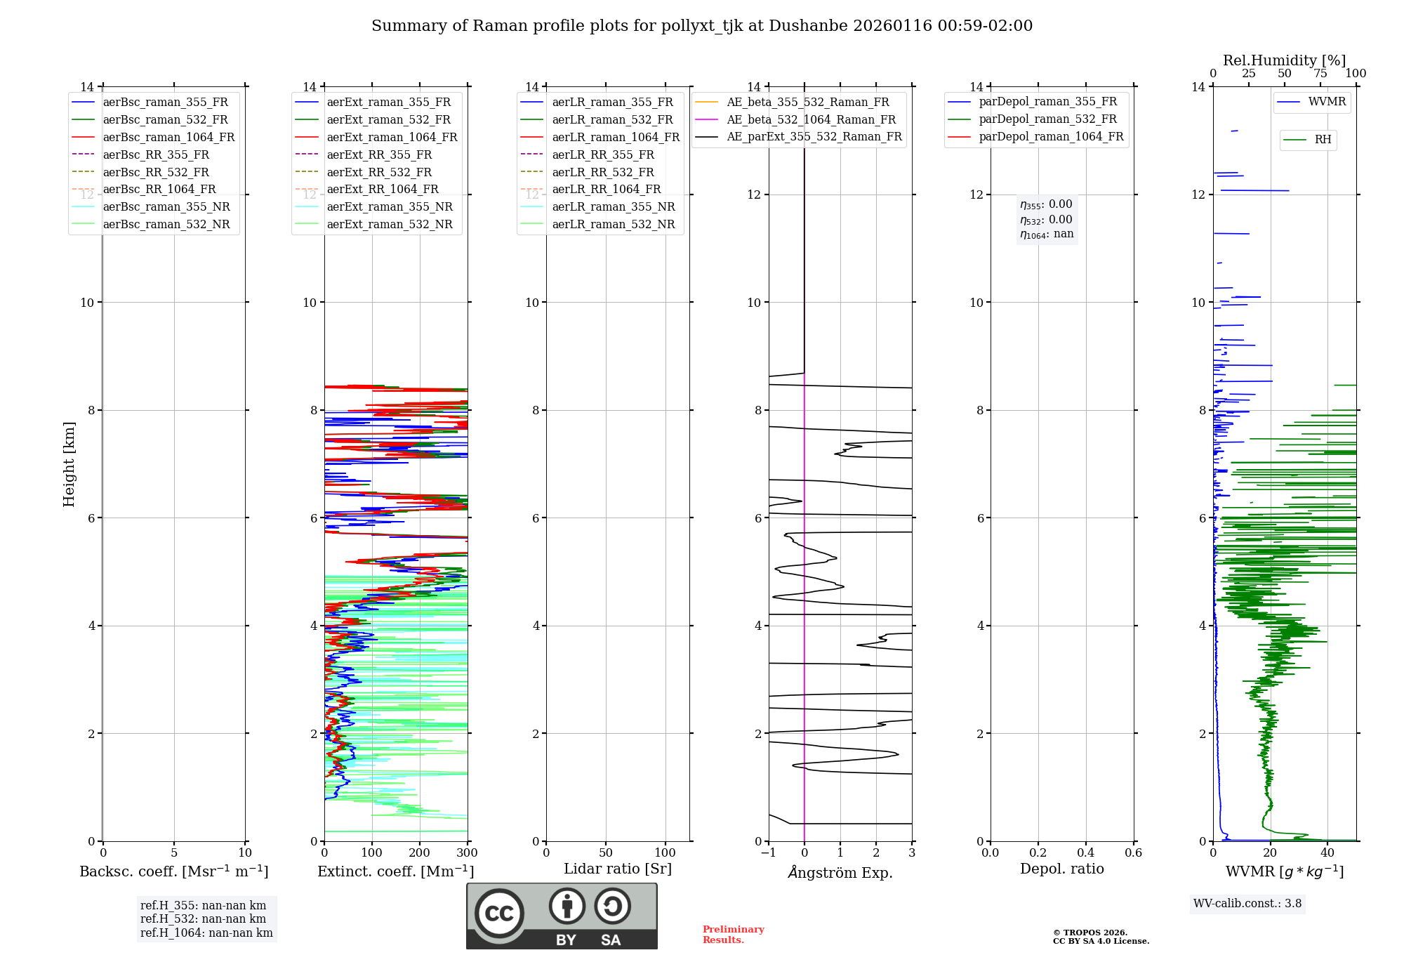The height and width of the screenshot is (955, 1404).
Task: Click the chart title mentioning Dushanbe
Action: click(x=702, y=26)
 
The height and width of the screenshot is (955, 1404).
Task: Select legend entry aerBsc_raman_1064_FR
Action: click(x=168, y=138)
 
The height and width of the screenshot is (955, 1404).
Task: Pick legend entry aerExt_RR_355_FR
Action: click(x=379, y=155)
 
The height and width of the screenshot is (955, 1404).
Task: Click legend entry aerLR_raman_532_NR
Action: click(x=613, y=225)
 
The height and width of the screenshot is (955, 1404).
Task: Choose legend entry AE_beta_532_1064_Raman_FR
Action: click(x=811, y=120)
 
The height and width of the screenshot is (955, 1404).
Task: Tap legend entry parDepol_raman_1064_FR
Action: click(x=1051, y=137)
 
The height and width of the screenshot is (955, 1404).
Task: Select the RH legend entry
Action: click(x=1323, y=140)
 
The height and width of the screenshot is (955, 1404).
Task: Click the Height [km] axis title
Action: click(x=69, y=464)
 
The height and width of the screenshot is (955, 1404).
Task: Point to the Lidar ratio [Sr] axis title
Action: click(x=618, y=869)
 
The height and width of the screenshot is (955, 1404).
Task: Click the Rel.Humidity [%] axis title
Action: click(x=1284, y=60)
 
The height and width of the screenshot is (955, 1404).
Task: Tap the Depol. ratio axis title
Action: click(x=1061, y=869)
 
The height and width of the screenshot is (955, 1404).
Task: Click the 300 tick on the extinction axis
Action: click(x=467, y=853)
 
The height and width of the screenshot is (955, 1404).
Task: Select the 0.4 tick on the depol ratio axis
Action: click(x=1085, y=853)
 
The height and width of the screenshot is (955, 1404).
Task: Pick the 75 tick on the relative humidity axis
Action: click(x=1320, y=74)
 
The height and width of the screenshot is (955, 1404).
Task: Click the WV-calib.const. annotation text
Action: click(x=1247, y=904)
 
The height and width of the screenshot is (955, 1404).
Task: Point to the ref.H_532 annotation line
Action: click(x=203, y=919)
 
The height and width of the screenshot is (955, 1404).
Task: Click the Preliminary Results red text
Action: click(x=733, y=935)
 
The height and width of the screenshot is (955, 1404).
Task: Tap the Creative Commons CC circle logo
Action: click(x=499, y=914)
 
